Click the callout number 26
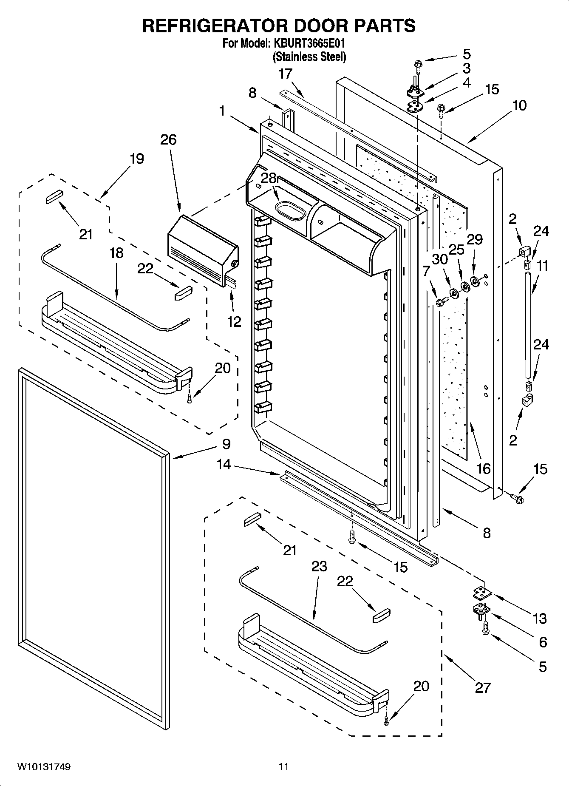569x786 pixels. click(x=168, y=140)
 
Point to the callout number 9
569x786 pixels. click(x=226, y=444)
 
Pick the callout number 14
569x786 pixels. click(x=224, y=465)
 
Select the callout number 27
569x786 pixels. click(x=483, y=687)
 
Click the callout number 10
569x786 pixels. click(x=520, y=105)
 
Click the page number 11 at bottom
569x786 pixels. click(x=283, y=767)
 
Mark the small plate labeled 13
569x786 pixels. click(x=482, y=591)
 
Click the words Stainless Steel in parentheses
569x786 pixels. click(x=309, y=57)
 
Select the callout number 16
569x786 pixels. click(x=484, y=469)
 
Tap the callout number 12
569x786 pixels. click(x=234, y=322)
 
